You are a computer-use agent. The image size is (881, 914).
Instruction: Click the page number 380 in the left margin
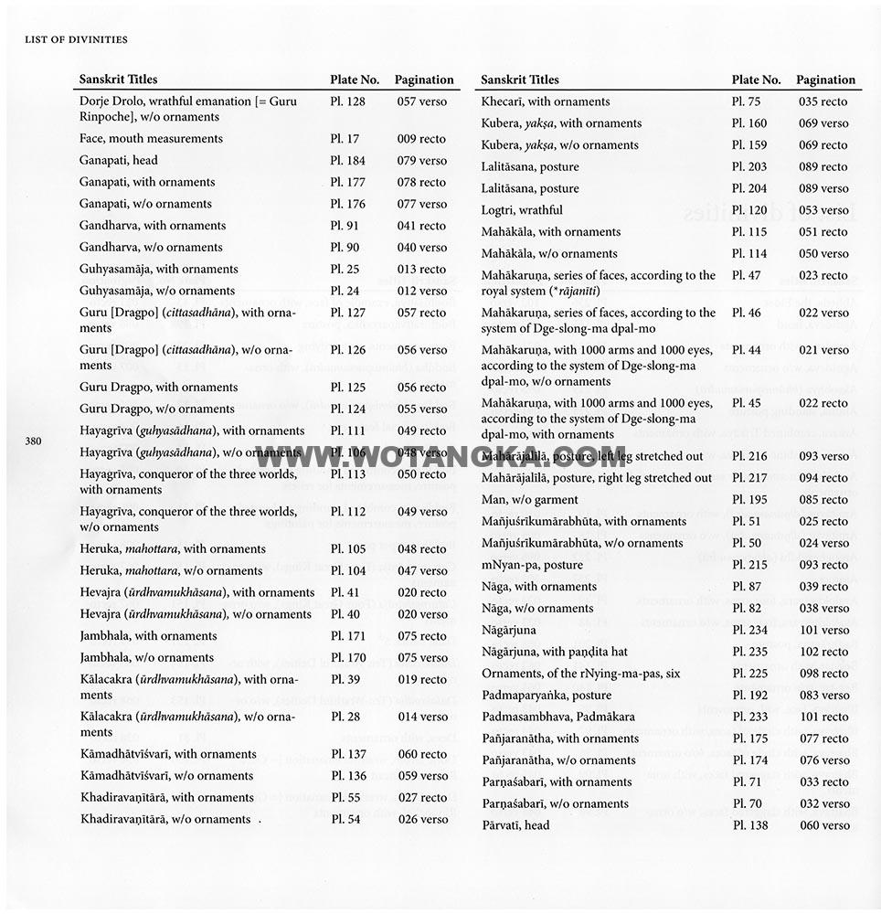pos(34,441)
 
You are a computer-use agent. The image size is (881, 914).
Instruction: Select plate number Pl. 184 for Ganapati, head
pos(347,160)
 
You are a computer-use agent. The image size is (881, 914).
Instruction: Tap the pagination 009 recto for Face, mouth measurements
pos(421,139)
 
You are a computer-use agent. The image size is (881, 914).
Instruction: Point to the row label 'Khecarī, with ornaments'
pos(546,101)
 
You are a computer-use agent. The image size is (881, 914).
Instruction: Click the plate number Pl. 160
pos(749,123)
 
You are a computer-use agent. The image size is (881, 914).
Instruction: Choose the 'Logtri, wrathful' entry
pos(522,210)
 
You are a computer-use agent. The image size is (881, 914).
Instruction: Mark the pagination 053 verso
pos(823,210)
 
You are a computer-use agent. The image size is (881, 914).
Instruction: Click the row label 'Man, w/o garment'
pos(530,500)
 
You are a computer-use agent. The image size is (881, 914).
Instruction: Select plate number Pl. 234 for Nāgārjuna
pos(749,631)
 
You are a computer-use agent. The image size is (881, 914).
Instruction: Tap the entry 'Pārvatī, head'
pos(515,825)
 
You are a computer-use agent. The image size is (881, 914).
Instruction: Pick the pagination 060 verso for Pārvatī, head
pos(823,825)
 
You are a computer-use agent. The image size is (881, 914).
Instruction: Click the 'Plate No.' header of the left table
pos(355,80)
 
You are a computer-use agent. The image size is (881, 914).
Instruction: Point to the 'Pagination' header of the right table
pos(825,80)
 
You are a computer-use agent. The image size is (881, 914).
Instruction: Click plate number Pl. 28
pos(345,717)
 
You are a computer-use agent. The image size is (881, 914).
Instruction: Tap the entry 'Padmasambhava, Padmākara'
pos(557,717)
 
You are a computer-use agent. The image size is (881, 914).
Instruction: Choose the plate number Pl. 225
pos(749,674)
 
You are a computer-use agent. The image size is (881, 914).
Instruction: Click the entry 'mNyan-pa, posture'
pos(532,565)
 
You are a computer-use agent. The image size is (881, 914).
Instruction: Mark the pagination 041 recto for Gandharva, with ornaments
pos(421,226)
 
